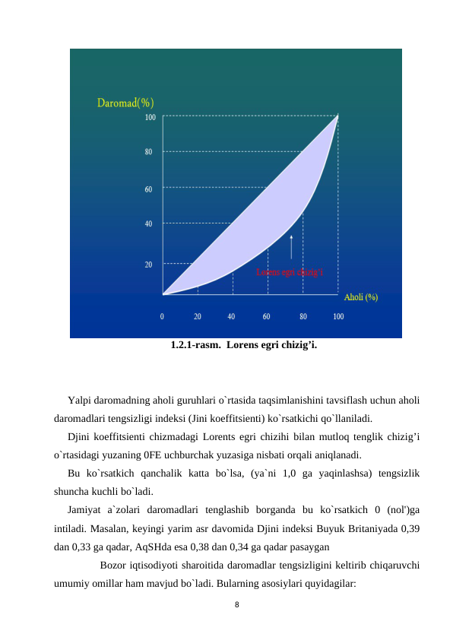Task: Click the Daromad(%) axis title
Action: (125, 103)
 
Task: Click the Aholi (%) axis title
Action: (361, 297)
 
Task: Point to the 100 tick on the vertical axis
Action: (150, 117)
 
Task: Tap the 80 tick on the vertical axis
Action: (149, 151)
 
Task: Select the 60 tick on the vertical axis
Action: (149, 188)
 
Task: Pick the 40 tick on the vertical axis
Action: (149, 223)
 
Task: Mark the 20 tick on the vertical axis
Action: (149, 264)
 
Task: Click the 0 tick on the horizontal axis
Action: (163, 315)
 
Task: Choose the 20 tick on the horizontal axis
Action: (198, 315)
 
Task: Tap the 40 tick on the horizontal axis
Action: (232, 315)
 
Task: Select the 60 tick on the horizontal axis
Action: (267, 315)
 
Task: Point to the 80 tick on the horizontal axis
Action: (303, 315)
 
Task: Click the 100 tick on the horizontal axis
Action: (338, 315)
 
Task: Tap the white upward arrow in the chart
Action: (291, 248)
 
